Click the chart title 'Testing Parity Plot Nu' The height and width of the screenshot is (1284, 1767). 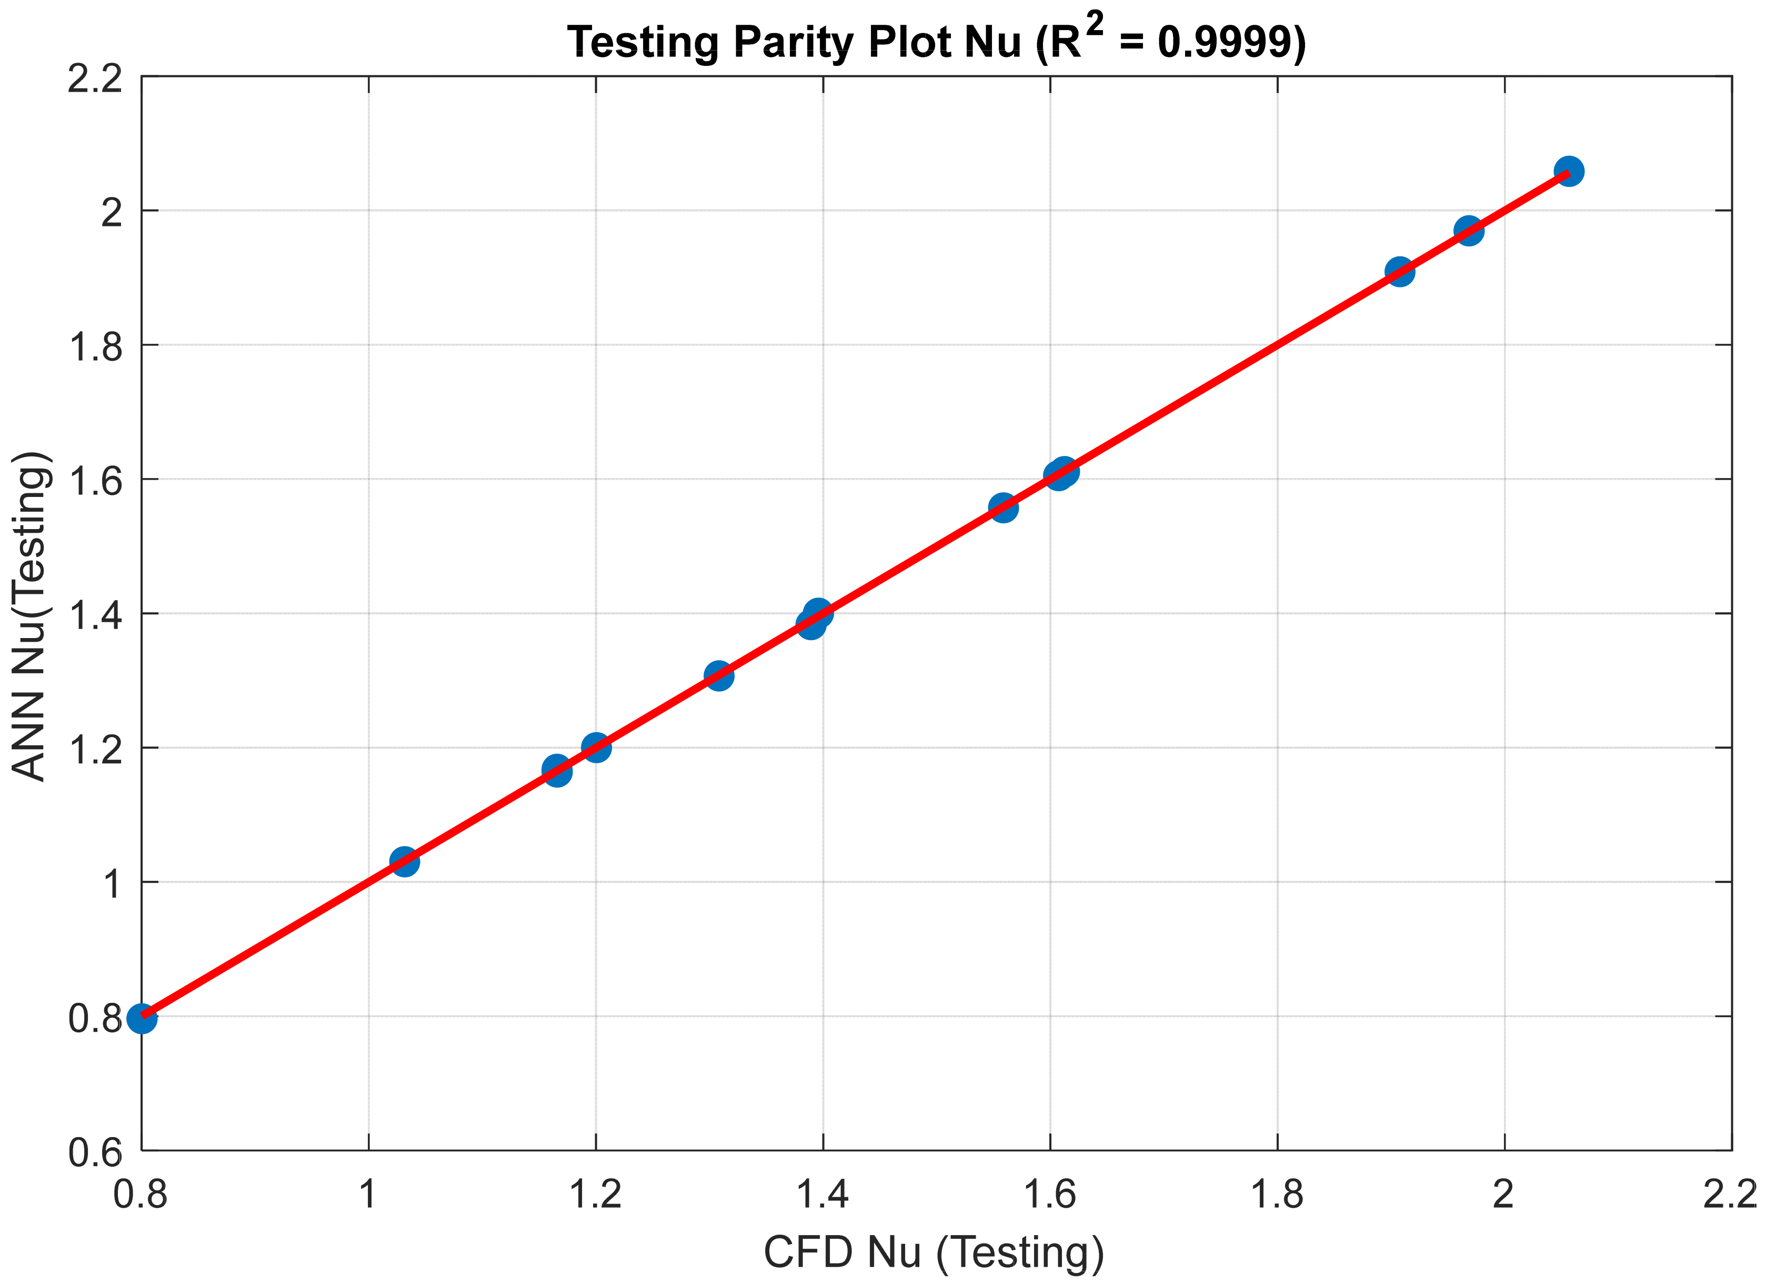coord(793,42)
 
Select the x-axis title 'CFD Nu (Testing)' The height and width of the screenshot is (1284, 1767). coord(933,1253)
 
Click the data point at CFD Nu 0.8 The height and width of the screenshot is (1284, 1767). coord(142,1018)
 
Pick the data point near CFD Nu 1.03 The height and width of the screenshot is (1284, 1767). coord(404,861)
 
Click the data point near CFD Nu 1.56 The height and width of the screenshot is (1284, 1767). coord(1003,507)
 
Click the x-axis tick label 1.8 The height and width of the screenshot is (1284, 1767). coord(1277,1193)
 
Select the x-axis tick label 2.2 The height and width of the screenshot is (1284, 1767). coord(1730,1193)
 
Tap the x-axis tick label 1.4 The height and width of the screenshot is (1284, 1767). coord(823,1193)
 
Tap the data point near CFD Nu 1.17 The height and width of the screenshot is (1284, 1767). coord(556,771)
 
